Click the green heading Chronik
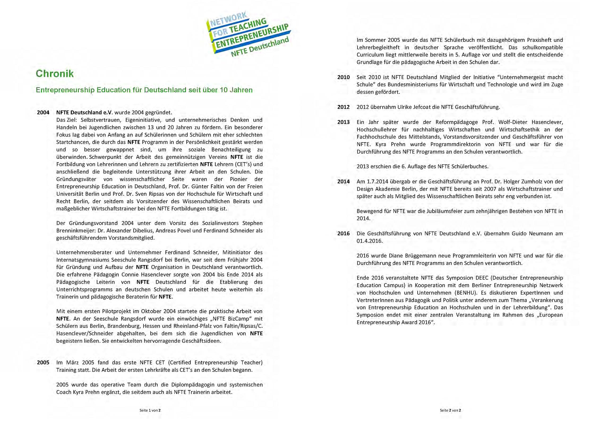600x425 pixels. [x=55, y=74]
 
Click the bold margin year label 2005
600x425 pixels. [x=43, y=363]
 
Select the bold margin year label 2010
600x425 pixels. [x=343, y=77]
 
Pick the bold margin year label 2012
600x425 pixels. [x=343, y=107]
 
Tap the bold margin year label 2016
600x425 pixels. [x=343, y=233]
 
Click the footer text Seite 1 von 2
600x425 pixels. [x=150, y=410]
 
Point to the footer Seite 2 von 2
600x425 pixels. [x=450, y=410]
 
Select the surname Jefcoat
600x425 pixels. [x=428, y=107]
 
